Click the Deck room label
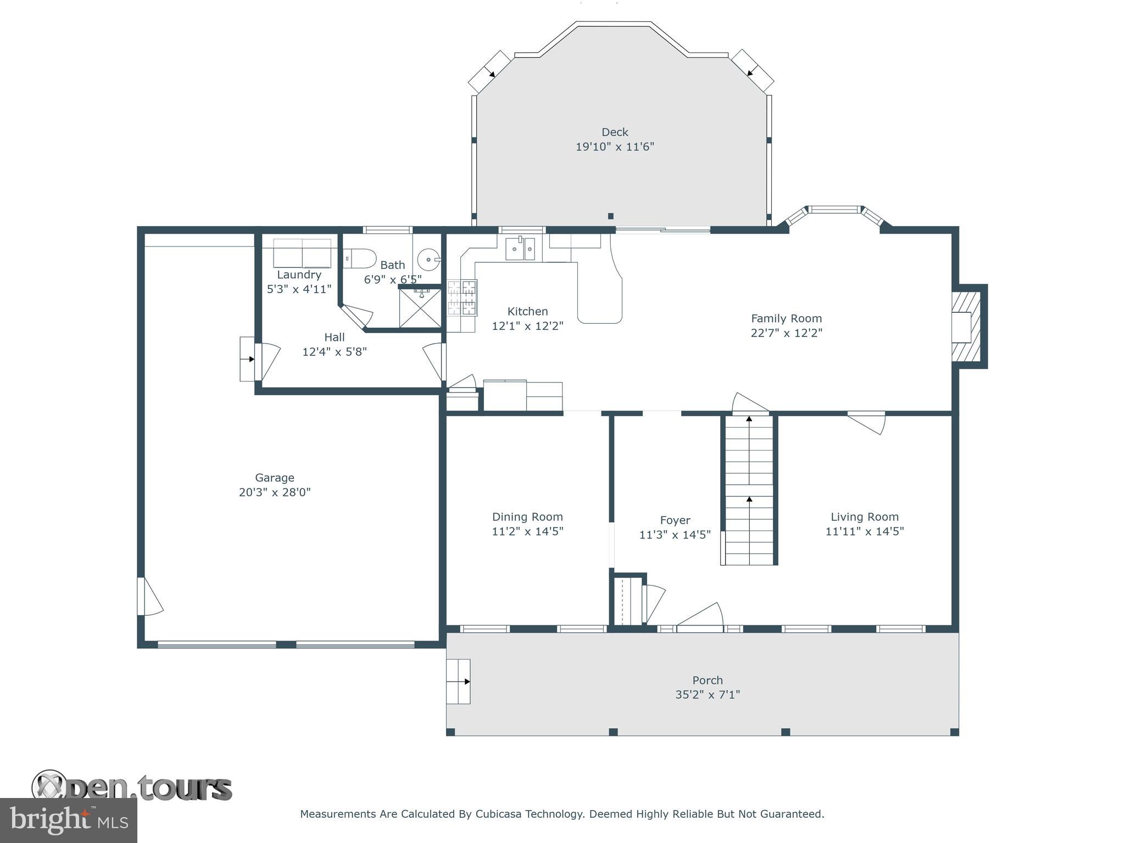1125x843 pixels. click(x=615, y=132)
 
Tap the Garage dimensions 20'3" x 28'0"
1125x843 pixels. click(x=275, y=492)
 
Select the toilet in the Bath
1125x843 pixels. click(x=360, y=258)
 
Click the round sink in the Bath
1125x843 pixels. click(x=428, y=258)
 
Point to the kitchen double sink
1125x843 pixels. click(x=520, y=249)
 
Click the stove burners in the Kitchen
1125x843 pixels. click(x=462, y=299)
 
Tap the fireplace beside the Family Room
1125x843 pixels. click(x=965, y=327)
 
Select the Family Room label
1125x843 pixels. click(x=786, y=318)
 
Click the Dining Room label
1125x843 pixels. click(x=527, y=517)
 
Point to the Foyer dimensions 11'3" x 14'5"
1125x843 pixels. click(x=675, y=535)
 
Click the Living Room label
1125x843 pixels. click(x=864, y=517)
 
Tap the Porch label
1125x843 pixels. click(x=708, y=681)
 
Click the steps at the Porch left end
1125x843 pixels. click(x=458, y=682)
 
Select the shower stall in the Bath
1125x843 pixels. click(x=420, y=308)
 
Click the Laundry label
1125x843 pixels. click(x=299, y=275)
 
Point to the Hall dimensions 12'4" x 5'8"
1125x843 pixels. click(x=334, y=352)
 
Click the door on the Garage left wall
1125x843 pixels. click(x=148, y=597)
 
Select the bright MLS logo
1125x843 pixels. click(x=68, y=820)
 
